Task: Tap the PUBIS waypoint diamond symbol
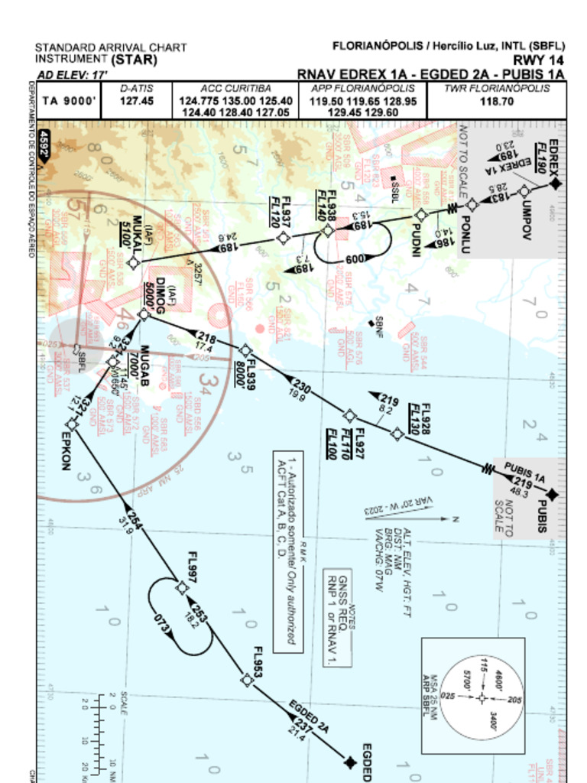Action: click(x=552, y=495)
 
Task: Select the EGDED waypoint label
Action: click(x=366, y=762)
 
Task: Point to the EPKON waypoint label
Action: click(x=66, y=453)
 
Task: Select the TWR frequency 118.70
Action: click(x=497, y=101)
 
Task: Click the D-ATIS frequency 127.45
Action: click(x=137, y=100)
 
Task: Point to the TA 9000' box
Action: click(x=69, y=101)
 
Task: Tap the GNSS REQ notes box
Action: click(x=337, y=617)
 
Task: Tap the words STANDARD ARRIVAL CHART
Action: click(x=111, y=47)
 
